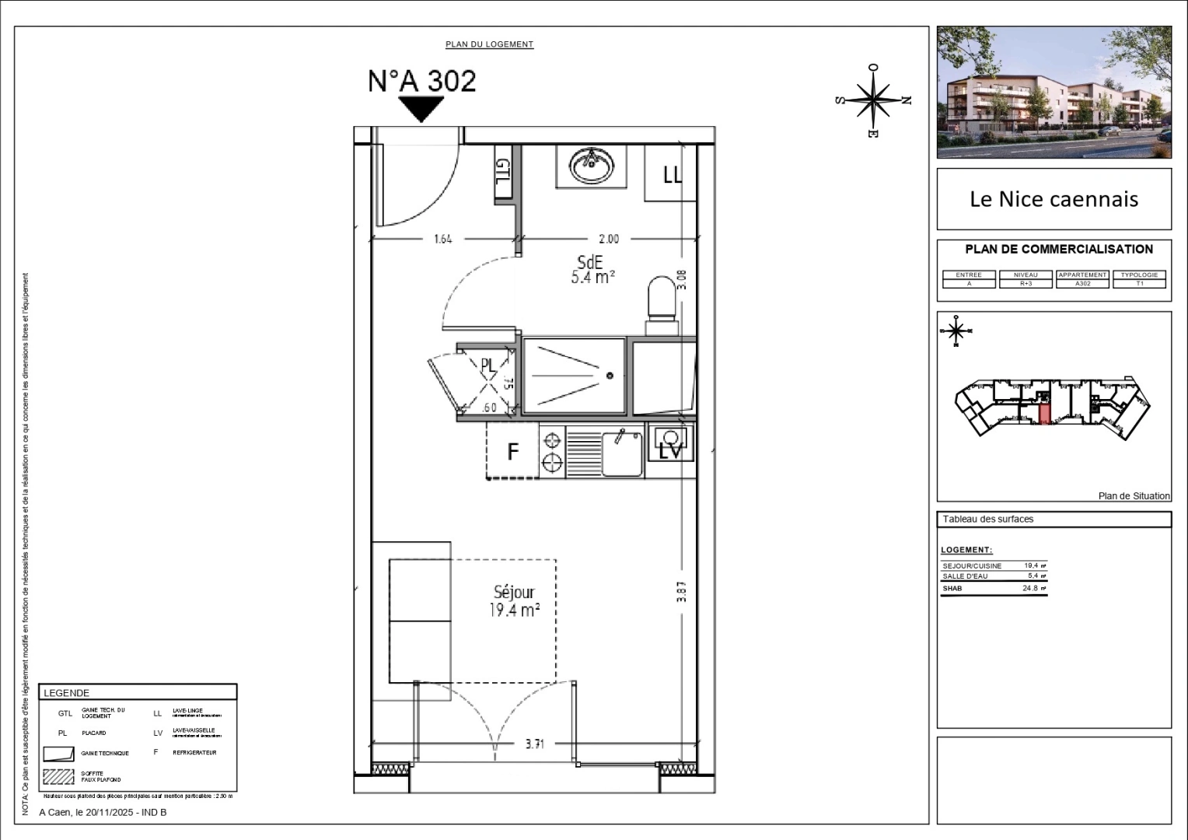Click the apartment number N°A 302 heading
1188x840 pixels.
tap(421, 81)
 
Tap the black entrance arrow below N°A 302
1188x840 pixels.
tap(421, 109)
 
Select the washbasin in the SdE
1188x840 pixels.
tap(591, 165)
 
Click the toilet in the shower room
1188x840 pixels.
tap(662, 297)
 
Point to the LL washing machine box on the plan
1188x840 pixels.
tap(670, 174)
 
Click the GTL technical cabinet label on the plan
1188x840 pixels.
tap(503, 172)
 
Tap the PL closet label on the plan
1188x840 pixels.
tap(487, 365)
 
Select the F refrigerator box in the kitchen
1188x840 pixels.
tap(512, 451)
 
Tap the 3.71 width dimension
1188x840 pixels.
tap(534, 744)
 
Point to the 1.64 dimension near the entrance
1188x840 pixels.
tap(442, 240)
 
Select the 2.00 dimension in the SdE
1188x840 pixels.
tap(609, 240)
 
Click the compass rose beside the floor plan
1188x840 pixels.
tap(874, 100)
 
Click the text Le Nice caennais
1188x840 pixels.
tap(1053, 199)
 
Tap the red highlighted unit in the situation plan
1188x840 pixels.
tap(1044, 409)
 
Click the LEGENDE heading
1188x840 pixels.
tap(67, 693)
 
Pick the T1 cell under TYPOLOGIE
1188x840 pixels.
tap(1140, 284)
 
